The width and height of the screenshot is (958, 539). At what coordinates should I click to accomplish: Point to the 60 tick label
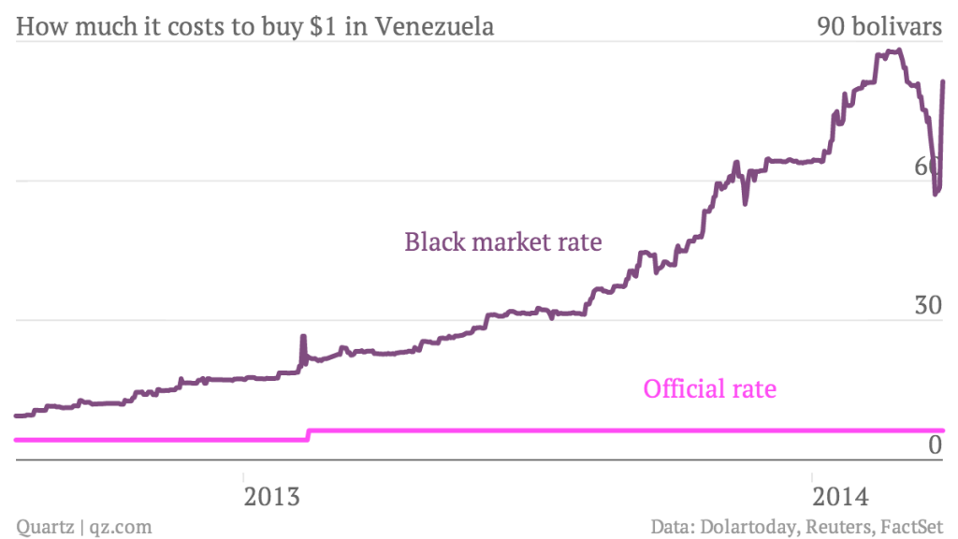tap(927, 167)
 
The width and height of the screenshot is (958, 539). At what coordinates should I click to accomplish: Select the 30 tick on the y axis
tap(927, 306)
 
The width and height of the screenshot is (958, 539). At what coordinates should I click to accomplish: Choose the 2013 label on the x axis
tap(272, 495)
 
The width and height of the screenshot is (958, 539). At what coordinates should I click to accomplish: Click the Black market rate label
tap(502, 242)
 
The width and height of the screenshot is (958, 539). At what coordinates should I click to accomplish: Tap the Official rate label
tap(709, 387)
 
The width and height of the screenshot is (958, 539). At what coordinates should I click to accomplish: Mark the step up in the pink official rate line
tap(308, 434)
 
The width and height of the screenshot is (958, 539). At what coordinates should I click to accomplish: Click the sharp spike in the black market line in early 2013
tap(303, 336)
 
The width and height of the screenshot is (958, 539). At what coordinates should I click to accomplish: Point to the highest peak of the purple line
tap(896, 51)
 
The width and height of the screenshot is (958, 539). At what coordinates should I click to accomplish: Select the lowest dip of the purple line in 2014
tap(935, 193)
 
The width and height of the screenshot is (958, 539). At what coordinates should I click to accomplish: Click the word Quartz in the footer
tap(46, 526)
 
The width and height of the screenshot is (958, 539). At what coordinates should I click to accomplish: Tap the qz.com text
tap(121, 526)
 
